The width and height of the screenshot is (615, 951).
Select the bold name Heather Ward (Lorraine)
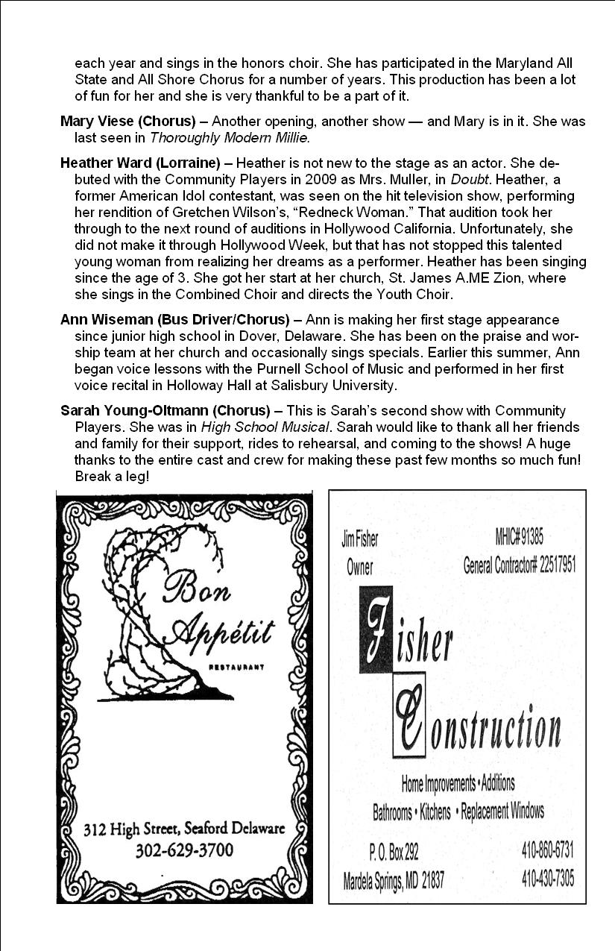pos(140,163)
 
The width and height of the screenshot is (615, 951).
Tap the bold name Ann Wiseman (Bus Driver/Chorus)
pos(174,320)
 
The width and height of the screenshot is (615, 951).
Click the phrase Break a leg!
pos(112,476)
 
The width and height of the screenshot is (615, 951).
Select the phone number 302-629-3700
pos(184,850)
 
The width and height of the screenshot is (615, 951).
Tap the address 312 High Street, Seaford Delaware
pos(184,829)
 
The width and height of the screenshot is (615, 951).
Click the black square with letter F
pos(382,631)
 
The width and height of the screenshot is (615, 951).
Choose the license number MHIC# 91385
pos(519,536)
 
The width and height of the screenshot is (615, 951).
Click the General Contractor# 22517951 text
pos(519,565)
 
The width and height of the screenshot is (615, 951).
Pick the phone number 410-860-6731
pos(547,850)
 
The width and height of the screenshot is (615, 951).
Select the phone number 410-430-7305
pos(547,879)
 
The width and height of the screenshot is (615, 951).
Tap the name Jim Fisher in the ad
pos(359,539)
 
